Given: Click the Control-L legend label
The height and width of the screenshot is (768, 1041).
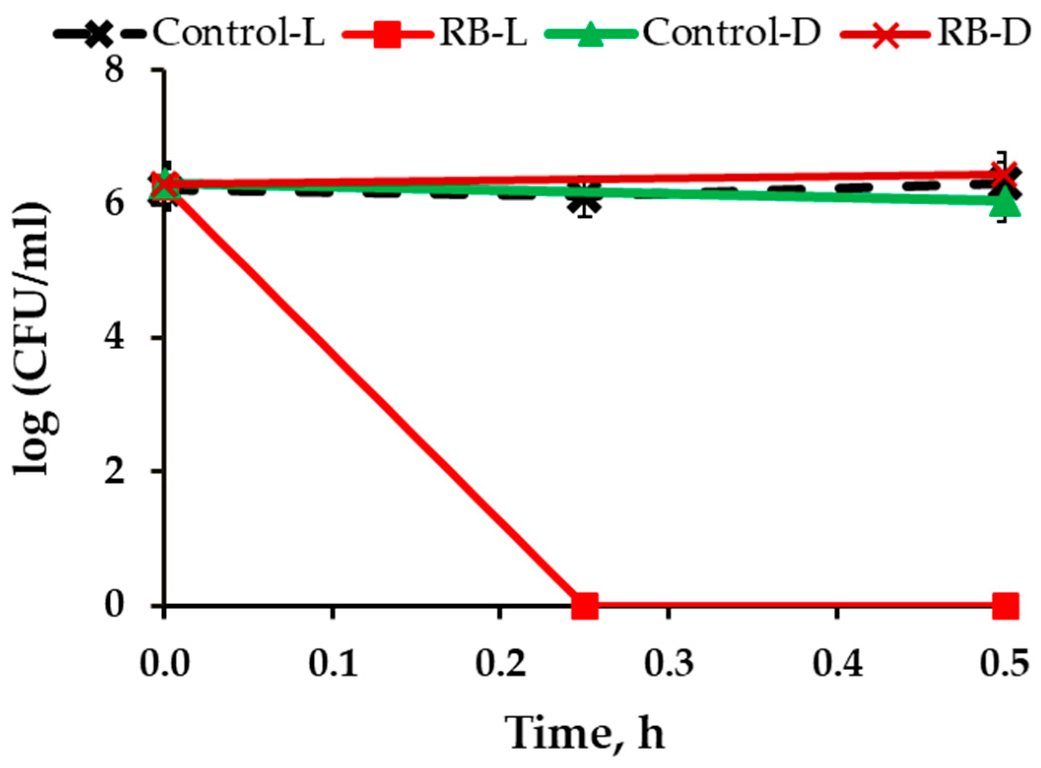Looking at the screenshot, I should point(238,33).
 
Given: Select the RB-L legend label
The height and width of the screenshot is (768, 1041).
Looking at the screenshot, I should point(483,33).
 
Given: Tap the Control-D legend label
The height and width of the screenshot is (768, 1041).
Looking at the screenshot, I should point(732,33).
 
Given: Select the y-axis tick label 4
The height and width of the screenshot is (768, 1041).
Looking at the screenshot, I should point(114,338).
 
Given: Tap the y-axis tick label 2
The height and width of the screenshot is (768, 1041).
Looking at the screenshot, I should point(114,472).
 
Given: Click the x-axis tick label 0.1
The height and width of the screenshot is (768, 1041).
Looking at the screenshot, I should point(333,663).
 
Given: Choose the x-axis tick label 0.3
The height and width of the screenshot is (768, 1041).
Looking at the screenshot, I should point(669,663).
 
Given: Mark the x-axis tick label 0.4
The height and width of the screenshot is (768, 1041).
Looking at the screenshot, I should point(838,663).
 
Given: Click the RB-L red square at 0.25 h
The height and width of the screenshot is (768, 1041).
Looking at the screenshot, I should point(585,605).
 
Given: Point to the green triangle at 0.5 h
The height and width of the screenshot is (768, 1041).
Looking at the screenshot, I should point(1005,203).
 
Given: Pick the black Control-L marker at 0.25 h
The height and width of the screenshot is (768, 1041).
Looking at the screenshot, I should point(585,201).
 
